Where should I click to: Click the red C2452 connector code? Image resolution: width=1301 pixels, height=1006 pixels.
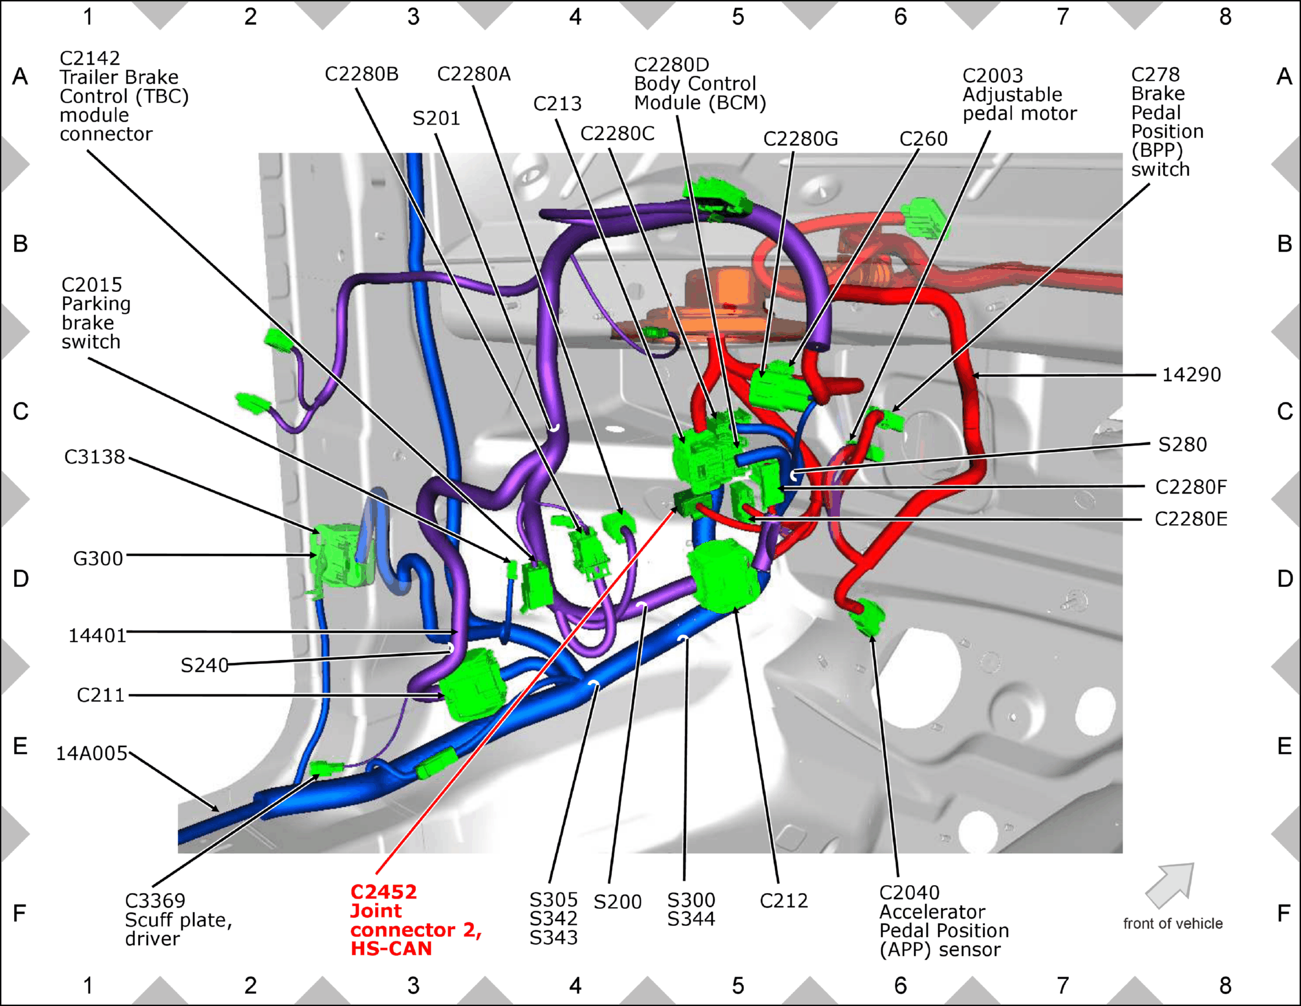click(x=384, y=892)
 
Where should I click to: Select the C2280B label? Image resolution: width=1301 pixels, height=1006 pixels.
click(x=362, y=74)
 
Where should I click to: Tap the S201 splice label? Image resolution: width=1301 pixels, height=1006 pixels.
click(x=436, y=118)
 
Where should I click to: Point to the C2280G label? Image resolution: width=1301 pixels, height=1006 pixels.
click(x=801, y=139)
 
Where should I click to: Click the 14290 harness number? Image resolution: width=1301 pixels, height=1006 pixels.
click(x=1191, y=374)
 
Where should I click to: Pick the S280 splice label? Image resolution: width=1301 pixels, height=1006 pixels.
click(x=1183, y=444)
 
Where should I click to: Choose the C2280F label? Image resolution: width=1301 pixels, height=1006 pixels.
click(x=1191, y=487)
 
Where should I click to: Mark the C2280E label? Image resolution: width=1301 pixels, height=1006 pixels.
click(x=1191, y=519)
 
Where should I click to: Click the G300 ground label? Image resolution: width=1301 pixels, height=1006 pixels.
click(x=98, y=558)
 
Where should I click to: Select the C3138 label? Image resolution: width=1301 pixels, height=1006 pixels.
click(x=95, y=457)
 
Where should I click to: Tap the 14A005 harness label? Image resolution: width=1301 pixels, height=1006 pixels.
click(x=92, y=754)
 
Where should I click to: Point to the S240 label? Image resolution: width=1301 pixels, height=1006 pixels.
click(x=205, y=665)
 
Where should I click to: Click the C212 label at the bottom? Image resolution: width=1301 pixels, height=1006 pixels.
click(x=784, y=901)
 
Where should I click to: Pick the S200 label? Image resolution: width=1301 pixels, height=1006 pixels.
click(x=618, y=902)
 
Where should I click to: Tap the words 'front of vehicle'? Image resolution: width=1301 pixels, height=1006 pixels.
click(x=1173, y=924)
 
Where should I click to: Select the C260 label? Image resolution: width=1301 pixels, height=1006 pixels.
click(x=924, y=139)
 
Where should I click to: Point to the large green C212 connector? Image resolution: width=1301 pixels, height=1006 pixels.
click(x=724, y=575)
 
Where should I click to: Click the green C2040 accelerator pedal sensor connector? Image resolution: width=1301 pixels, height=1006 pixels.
click(x=867, y=617)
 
